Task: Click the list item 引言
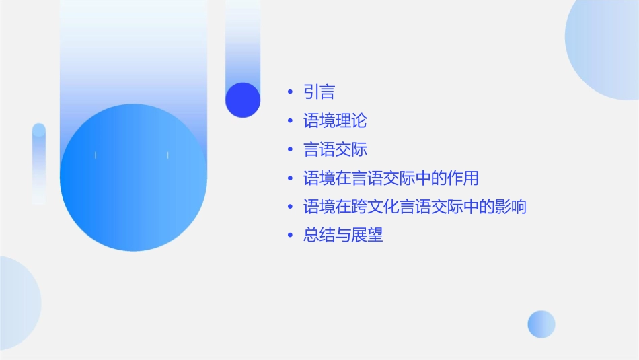click(x=319, y=92)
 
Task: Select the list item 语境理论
click(x=335, y=121)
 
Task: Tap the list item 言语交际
click(x=335, y=149)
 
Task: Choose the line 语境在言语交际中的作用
click(x=391, y=178)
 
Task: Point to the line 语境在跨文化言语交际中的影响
click(x=414, y=207)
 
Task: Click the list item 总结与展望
click(x=343, y=236)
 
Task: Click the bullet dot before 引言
click(x=290, y=92)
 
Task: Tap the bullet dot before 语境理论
click(x=290, y=121)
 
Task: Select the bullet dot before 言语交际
click(x=290, y=149)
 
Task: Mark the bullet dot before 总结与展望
click(x=290, y=236)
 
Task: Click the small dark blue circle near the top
click(x=243, y=100)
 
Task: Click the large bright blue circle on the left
click(x=133, y=178)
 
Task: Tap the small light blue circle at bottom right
click(x=541, y=324)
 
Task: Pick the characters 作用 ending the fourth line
click(x=462, y=178)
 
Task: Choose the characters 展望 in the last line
click(x=367, y=236)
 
